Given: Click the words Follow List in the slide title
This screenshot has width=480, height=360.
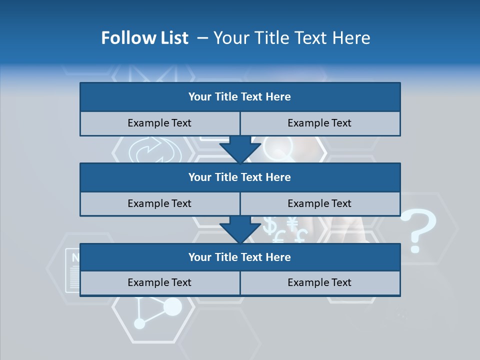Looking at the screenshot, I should pos(145,38).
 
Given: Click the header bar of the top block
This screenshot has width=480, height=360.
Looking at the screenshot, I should pos(240,97).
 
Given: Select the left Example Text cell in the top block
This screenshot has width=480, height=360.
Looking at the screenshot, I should pos(159,123).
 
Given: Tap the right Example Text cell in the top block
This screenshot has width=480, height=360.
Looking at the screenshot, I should pos(320,123).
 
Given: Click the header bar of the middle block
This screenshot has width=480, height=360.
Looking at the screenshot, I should pos(240,177).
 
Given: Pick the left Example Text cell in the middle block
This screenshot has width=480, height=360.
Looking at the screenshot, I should pos(159,203).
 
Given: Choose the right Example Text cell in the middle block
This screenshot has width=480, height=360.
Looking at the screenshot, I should pos(320,203).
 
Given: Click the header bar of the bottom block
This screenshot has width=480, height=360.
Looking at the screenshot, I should pos(240,257).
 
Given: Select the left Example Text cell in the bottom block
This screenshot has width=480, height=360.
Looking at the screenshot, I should pos(159,282).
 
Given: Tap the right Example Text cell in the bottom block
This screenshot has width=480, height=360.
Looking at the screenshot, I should pos(320,282).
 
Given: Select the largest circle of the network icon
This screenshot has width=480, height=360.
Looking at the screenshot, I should pos(172,306).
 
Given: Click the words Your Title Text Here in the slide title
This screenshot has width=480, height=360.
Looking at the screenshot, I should pos(291,38).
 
